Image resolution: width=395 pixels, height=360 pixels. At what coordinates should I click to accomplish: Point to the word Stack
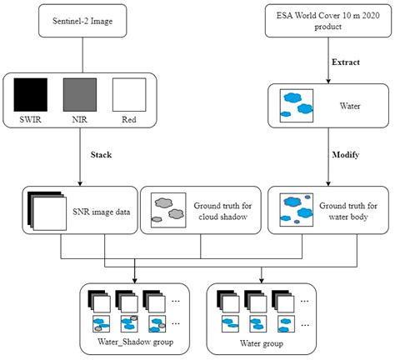pos(101,154)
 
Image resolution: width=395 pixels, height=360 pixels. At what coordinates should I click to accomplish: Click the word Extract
pos(347,63)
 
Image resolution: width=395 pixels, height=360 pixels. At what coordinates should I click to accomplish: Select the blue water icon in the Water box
pos(298,103)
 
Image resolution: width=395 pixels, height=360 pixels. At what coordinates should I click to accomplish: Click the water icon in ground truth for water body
pos(299,208)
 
